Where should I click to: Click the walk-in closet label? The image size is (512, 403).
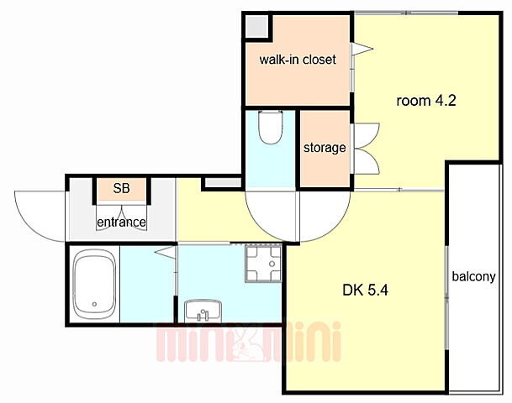pyautogui.click(x=298, y=60)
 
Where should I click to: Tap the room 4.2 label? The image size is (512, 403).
pyautogui.click(x=426, y=101)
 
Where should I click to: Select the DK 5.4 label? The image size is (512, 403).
pyautogui.click(x=365, y=290)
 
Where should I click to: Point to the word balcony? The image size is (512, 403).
pyautogui.click(x=473, y=276)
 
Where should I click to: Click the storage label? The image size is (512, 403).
pyautogui.click(x=325, y=148)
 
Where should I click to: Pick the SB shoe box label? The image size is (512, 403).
pyautogui.click(x=121, y=188)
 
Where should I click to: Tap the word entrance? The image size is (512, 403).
pyautogui.click(x=121, y=222)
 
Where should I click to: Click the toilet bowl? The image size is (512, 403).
pyautogui.click(x=270, y=127)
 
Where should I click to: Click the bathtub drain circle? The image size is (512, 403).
pyautogui.click(x=94, y=304)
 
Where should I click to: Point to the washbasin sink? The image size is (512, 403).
pyautogui.click(x=203, y=311)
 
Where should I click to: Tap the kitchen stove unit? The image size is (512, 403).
pyautogui.click(x=263, y=264)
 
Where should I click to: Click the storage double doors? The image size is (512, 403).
pyautogui.click(x=366, y=149)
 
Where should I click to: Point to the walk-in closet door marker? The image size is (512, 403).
pyautogui.click(x=362, y=49)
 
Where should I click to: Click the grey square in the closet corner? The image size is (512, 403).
pyautogui.click(x=256, y=26)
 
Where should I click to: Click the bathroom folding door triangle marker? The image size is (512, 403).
pyautogui.click(x=166, y=253)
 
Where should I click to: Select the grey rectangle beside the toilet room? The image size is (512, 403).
pyautogui.click(x=223, y=182)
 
